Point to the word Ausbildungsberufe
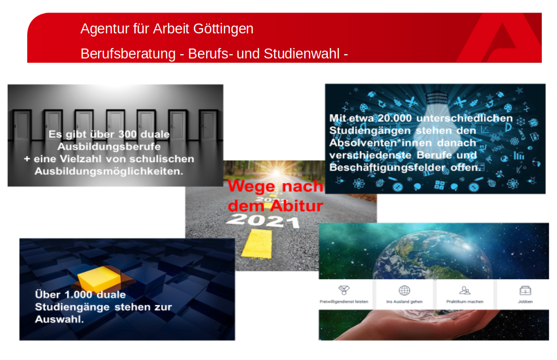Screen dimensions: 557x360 tap(109, 147)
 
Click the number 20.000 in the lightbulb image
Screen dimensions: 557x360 tap(395, 118)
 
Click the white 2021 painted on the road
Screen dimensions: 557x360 tap(263, 221)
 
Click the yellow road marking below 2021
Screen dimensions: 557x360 tap(257, 244)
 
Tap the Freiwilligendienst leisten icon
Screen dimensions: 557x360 tap(344, 290)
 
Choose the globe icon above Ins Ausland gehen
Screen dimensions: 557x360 tap(404, 291)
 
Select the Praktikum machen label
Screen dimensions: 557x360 tap(465, 302)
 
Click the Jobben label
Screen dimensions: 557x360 tap(525, 302)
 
